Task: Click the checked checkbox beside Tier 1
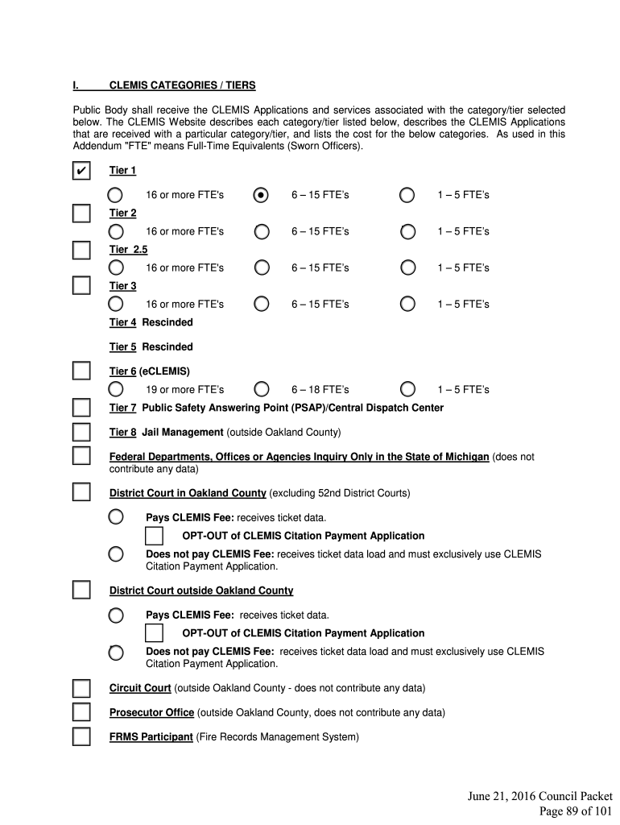pos(81,171)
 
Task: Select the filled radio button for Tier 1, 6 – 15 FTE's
pos(261,195)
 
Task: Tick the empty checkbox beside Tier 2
pos(81,214)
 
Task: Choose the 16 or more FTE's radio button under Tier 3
pos(116,304)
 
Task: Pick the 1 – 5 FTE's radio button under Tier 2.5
pos(407,267)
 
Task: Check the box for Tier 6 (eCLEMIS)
pos(81,371)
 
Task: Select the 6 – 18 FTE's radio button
pos(261,389)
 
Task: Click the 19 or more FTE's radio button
pos(116,389)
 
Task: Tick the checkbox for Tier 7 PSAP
pos(81,408)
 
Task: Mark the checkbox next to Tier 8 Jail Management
pos(81,432)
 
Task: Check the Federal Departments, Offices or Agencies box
pos(81,457)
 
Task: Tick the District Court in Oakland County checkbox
pos(81,492)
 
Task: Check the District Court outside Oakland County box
pos(81,591)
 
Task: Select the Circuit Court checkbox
pos(81,688)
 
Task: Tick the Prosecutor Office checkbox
pos(81,712)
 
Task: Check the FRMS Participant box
pos(81,736)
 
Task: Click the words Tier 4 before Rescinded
pos(122,322)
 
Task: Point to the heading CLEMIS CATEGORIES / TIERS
pos(182,85)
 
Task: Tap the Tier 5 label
pos(122,346)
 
